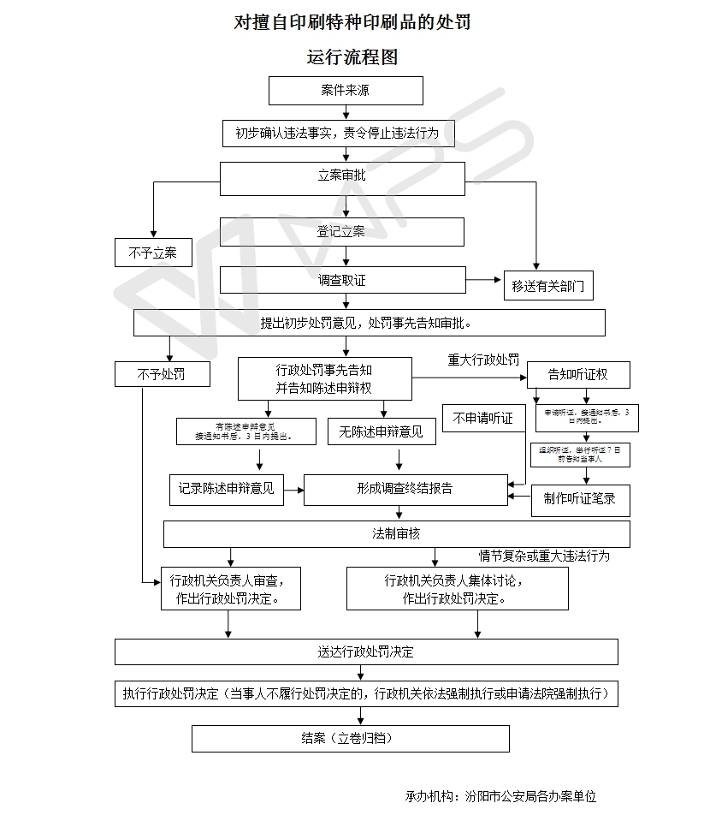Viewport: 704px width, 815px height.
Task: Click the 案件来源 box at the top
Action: [346, 90]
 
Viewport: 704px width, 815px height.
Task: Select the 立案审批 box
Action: [342, 178]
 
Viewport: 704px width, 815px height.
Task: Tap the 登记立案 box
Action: [342, 231]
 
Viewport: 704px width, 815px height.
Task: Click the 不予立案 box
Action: [153, 253]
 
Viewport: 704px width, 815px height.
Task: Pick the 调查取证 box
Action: [342, 280]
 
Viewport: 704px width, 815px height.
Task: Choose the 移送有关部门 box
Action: [548, 286]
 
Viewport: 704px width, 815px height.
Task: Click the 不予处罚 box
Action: [161, 374]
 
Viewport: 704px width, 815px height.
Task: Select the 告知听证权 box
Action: [578, 374]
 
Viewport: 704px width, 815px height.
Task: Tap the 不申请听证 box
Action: [483, 418]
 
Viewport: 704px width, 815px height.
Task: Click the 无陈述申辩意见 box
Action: [382, 432]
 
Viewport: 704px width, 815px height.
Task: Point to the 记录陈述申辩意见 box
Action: [227, 489]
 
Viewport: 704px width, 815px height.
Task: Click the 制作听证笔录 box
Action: [580, 499]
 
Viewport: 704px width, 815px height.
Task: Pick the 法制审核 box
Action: [397, 533]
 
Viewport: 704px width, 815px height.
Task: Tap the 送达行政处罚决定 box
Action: [366, 651]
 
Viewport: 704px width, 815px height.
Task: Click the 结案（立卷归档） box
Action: [350, 738]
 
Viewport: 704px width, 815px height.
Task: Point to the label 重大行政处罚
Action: [483, 360]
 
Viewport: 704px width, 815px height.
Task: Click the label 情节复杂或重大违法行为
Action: [544, 556]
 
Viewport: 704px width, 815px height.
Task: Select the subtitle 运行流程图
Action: [352, 57]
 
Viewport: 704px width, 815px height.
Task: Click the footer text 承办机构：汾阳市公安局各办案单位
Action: [501, 796]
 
